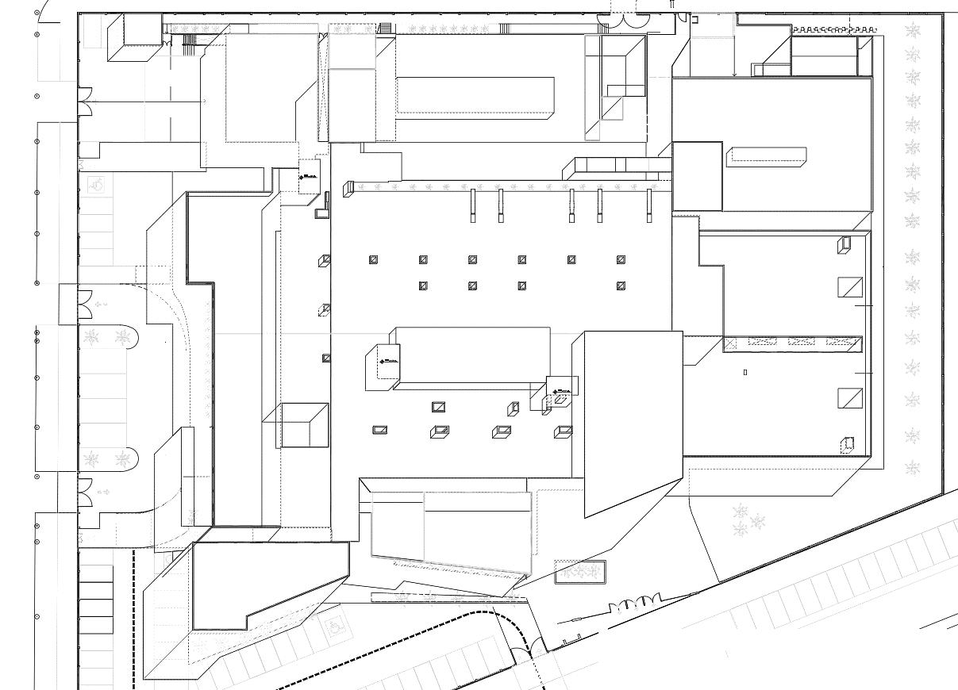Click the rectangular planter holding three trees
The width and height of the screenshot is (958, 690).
click(x=579, y=572)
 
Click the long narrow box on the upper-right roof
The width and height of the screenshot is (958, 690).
click(x=768, y=155)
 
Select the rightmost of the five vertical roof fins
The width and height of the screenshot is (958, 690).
click(x=649, y=205)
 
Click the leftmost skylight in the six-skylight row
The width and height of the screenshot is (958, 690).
click(x=374, y=259)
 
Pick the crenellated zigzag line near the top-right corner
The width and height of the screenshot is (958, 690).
click(x=833, y=29)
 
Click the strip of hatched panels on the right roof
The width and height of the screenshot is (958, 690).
click(x=793, y=343)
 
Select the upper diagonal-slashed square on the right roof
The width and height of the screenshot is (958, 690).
click(x=850, y=286)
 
